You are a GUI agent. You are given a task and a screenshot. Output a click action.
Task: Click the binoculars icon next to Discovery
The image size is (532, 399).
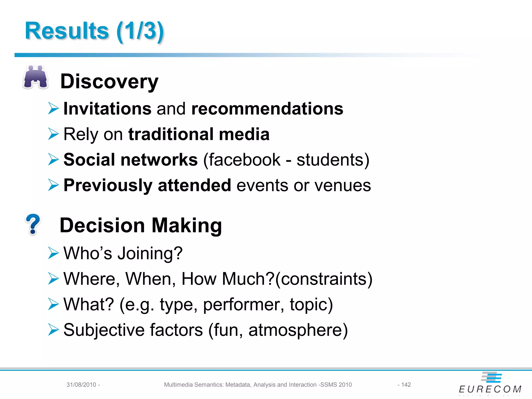[36, 77]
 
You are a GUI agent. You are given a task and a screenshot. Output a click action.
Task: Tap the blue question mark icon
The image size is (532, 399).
[33, 224]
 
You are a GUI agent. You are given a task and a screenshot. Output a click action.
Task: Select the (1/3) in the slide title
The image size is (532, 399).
[140, 31]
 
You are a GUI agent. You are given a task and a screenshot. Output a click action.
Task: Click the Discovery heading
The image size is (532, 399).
[109, 82]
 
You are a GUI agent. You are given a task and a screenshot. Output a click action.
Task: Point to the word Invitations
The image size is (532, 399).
[107, 109]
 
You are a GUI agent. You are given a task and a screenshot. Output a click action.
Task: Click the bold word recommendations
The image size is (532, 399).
[267, 109]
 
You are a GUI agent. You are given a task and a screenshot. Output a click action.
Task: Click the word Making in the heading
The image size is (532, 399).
[187, 225]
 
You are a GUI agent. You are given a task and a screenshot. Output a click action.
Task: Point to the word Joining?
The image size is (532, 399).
[150, 253]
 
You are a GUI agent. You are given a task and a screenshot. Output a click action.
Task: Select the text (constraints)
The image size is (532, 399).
[324, 279]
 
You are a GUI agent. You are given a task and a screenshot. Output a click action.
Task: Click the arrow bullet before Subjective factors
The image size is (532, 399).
[53, 330]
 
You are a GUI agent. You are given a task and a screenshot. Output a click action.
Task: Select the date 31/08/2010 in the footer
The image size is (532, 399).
[81, 385]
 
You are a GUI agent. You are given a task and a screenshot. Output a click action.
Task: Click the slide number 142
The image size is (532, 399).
[406, 385]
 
